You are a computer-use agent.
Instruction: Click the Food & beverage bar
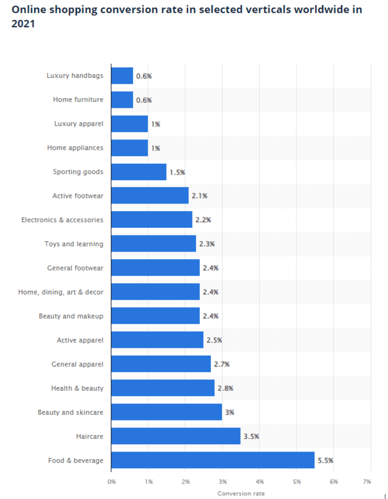213,460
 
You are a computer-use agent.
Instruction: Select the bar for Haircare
176,436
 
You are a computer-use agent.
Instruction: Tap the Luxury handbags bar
122,76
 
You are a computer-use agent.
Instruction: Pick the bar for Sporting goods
139,172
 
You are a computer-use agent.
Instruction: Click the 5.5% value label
326,460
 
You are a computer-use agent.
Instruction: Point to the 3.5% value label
251,437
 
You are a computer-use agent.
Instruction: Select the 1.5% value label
177,172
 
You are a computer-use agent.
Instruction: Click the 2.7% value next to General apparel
222,364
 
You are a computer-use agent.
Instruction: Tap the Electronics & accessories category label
62,220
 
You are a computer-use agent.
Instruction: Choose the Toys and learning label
74,244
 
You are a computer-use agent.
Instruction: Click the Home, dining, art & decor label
61,292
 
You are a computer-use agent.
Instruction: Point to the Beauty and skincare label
70,412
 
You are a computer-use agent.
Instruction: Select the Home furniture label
78,100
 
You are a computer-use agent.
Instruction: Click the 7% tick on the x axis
367,482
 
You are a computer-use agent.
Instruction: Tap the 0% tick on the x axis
112,482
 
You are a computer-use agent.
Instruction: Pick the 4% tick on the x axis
260,482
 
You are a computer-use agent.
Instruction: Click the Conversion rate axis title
241,493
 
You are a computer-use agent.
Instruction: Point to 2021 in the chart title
23,24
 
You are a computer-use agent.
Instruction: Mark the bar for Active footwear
150,196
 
